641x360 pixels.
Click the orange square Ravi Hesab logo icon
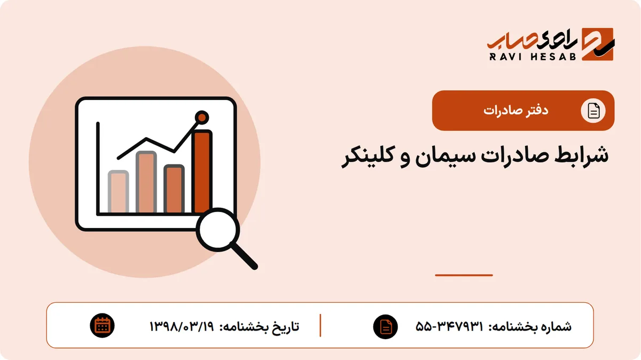pyautogui.click(x=598, y=44)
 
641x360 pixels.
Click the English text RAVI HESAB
pyautogui.click(x=533, y=57)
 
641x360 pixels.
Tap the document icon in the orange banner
pyautogui.click(x=593, y=111)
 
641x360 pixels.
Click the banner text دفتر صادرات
pyautogui.click(x=515, y=111)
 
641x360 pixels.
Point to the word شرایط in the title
pyautogui.click(x=582, y=154)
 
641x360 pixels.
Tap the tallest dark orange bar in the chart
pyautogui.click(x=202, y=171)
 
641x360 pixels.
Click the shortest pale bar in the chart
pyautogui.click(x=118, y=191)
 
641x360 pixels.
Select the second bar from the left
pyautogui.click(x=146, y=182)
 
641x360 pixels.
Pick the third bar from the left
pyautogui.click(x=174, y=189)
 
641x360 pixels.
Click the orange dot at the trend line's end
pyautogui.click(x=202, y=118)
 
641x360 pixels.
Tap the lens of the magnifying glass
pyautogui.click(x=218, y=230)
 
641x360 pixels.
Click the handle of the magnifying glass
pyautogui.click(x=244, y=256)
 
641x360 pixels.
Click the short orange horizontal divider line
pyautogui.click(x=464, y=275)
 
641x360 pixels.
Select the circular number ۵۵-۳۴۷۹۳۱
pyautogui.click(x=449, y=326)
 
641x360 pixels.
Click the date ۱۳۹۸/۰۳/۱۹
pyautogui.click(x=182, y=326)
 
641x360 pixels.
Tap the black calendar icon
pyautogui.click(x=102, y=326)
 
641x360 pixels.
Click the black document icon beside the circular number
pyautogui.click(x=386, y=326)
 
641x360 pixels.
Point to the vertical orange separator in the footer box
pyautogui.click(x=320, y=325)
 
